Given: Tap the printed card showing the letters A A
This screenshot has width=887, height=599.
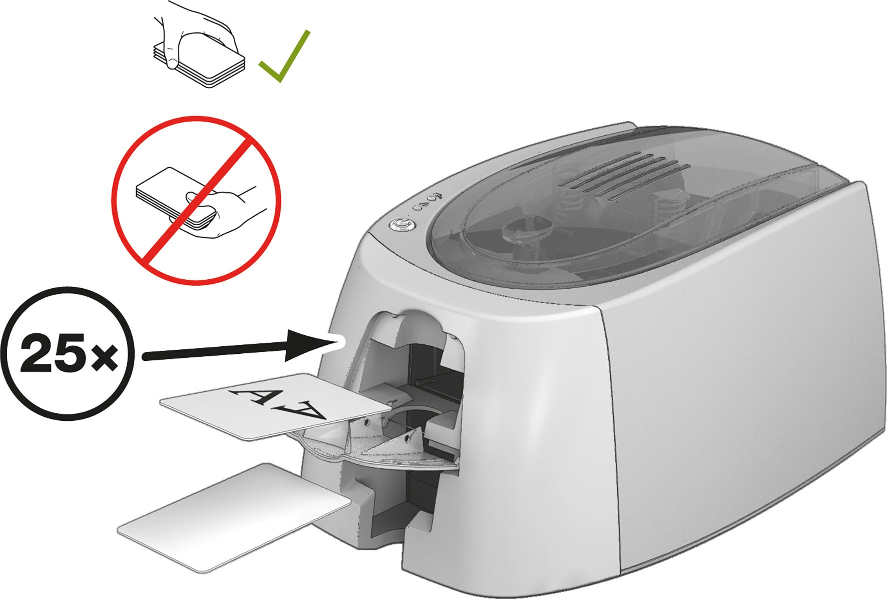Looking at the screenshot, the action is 274,406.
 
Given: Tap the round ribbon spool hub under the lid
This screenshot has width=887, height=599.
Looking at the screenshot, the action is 524,231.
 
